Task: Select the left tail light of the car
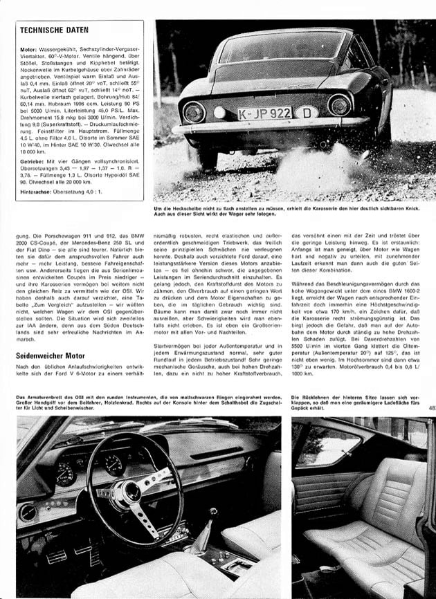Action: (193, 110)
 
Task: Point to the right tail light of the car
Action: (338, 106)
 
